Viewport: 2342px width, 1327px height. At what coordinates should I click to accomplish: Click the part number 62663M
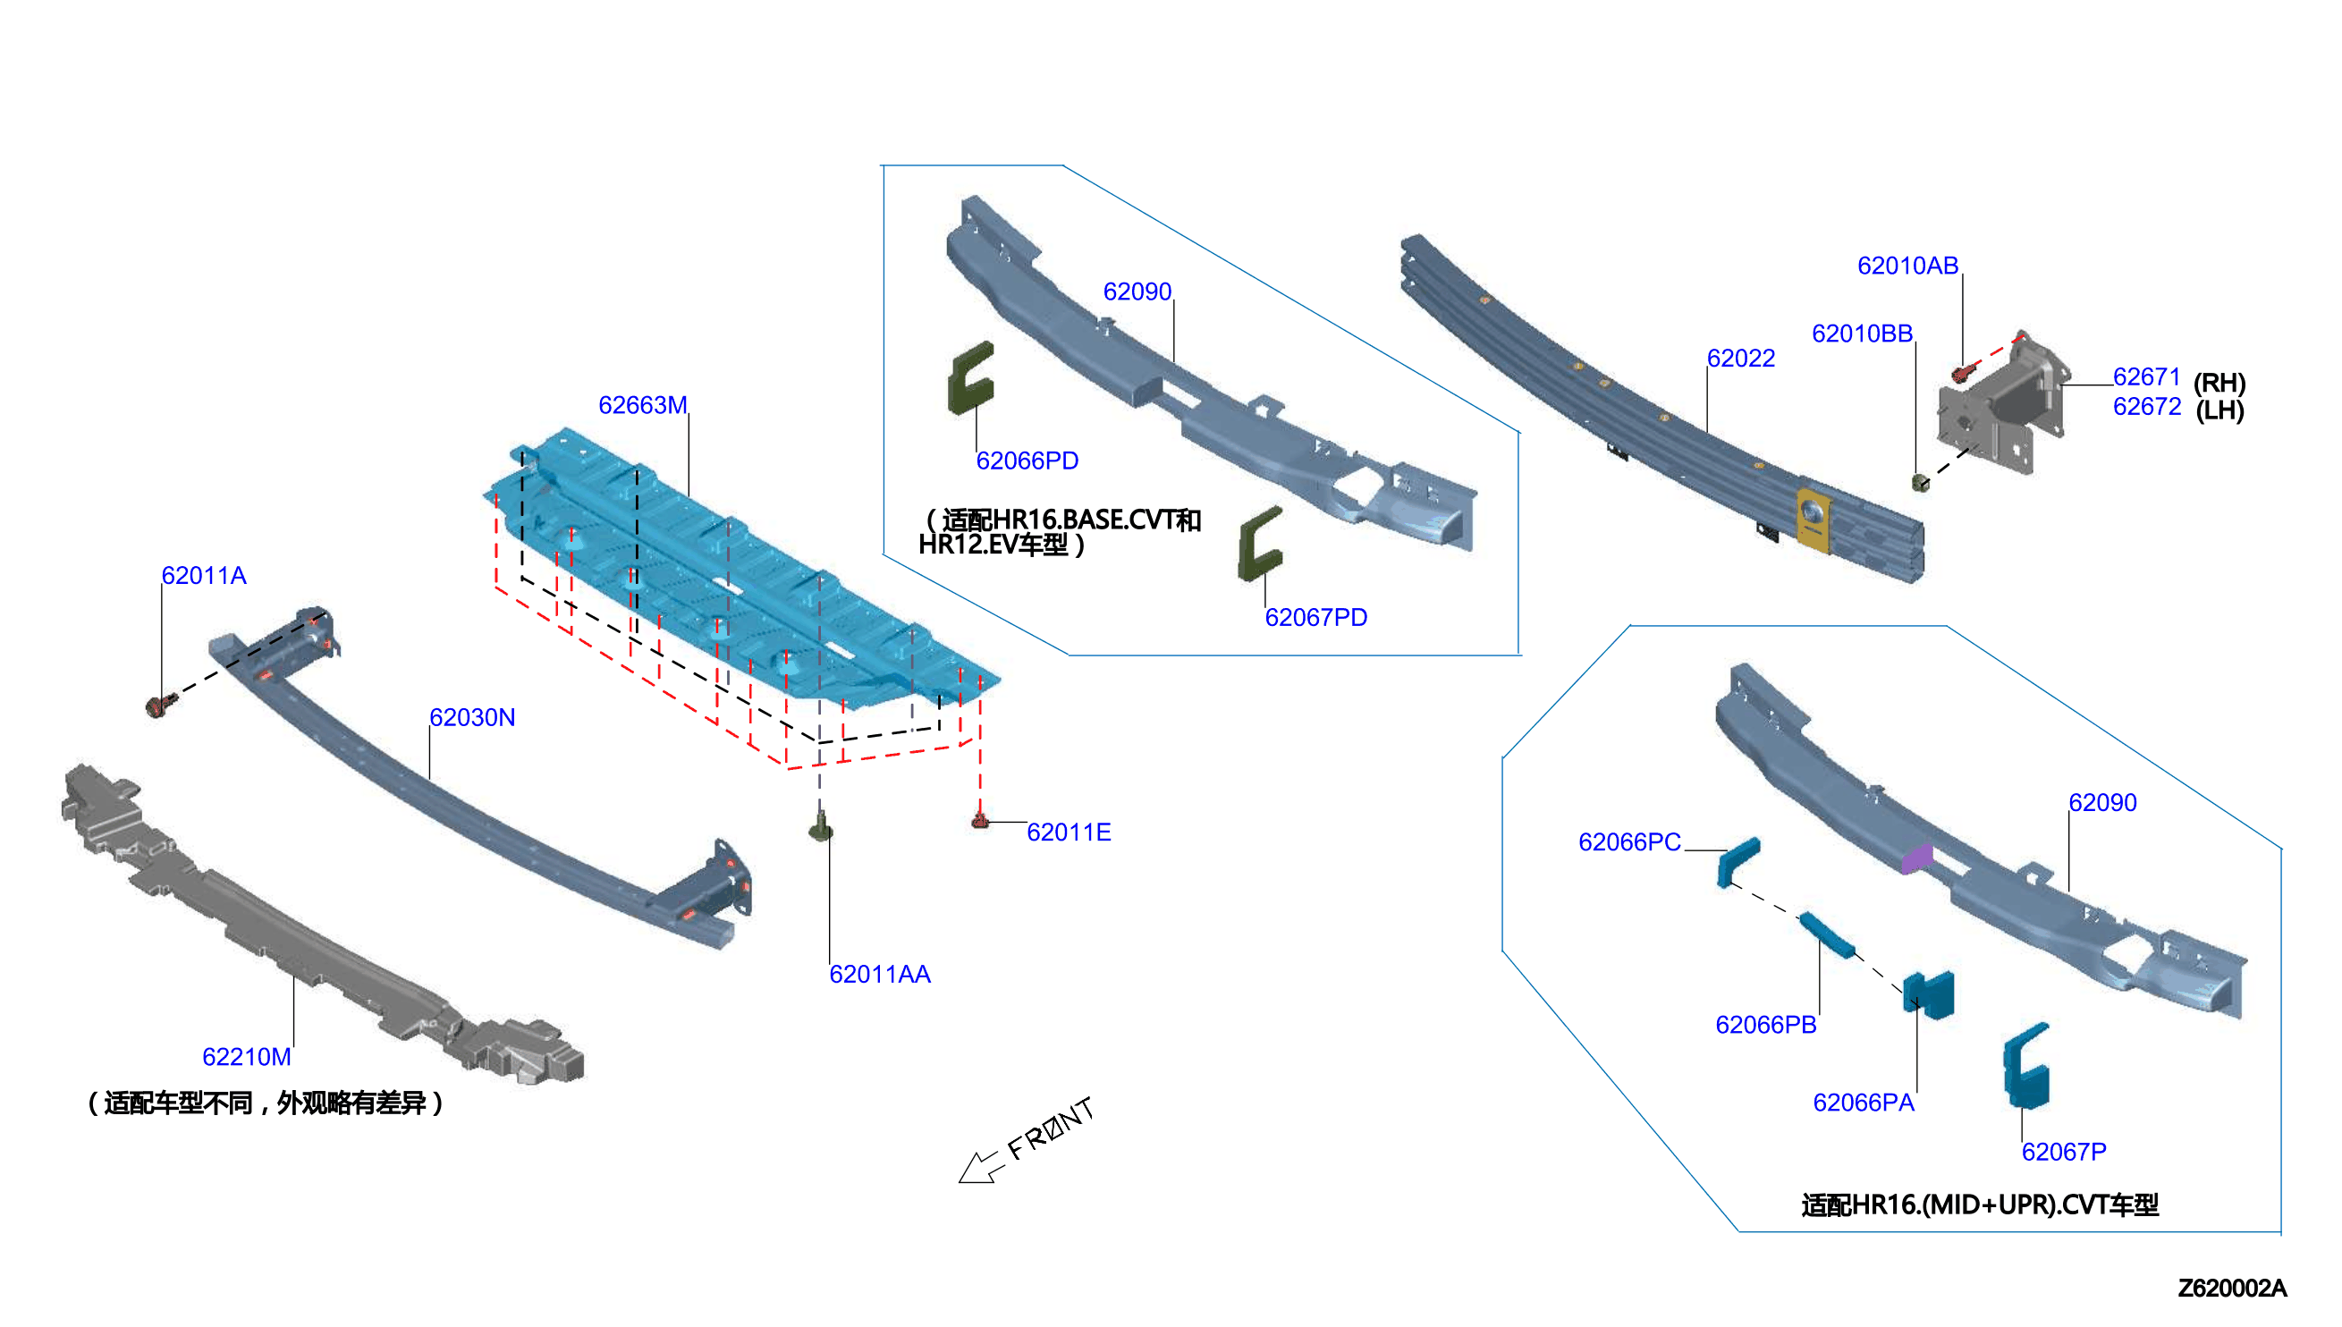pos(642,405)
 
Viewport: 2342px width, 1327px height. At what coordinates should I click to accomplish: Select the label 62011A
pos(204,575)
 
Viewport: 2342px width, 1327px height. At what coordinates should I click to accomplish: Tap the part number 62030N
pos(472,717)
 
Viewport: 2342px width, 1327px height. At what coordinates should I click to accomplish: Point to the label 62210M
pos(246,1056)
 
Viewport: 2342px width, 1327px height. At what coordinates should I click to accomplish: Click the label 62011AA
pos(879,975)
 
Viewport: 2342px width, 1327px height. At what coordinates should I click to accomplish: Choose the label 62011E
pos(1069,833)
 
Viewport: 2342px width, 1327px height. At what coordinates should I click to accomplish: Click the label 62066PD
pos(1027,461)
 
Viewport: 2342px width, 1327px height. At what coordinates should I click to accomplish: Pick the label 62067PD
pos(1316,618)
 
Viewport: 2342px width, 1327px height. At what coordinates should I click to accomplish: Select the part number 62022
pos(1740,359)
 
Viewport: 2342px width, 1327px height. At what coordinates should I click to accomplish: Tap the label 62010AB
pos(1907,266)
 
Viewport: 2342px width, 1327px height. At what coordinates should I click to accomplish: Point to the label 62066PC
pos(1629,842)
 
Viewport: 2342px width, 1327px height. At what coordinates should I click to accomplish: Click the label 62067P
pos(2063,1152)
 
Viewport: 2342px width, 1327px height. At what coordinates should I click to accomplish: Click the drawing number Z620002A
pos(2232,1288)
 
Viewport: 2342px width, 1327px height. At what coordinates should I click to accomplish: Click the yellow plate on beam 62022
pos(1813,520)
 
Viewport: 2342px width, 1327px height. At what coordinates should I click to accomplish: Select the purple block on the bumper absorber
pos(1917,858)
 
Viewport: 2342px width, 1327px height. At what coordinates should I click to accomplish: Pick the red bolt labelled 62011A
pos(160,706)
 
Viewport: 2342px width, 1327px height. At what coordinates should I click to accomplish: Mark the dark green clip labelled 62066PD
pos(970,378)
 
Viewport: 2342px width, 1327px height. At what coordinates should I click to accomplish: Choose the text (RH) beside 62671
pos(2219,383)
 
